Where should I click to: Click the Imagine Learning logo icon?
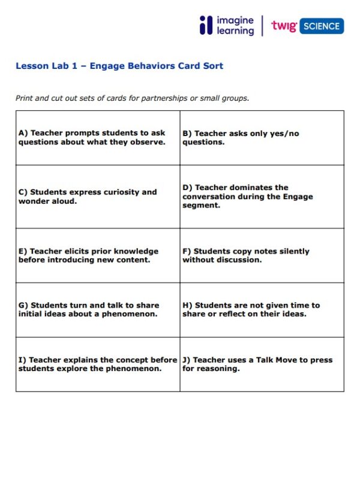pyautogui.click(x=206, y=26)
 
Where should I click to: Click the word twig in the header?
pyautogui.click(x=283, y=26)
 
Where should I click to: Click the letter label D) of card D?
pyautogui.click(x=187, y=188)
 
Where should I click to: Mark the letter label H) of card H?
pyautogui.click(x=187, y=305)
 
